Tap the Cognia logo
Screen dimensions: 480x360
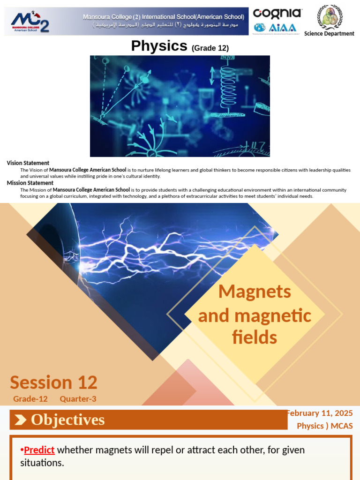click(x=277, y=13)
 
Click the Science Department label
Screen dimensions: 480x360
click(x=329, y=34)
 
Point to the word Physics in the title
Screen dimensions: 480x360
click(x=159, y=46)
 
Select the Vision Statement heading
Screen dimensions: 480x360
click(x=28, y=163)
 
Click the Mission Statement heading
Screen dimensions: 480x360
click(x=30, y=183)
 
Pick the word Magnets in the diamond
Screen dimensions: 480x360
click(x=255, y=292)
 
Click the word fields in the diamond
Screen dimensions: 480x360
click(x=255, y=337)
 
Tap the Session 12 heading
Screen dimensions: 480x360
click(x=53, y=382)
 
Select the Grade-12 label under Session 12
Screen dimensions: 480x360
click(x=30, y=399)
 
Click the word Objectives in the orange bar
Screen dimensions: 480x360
click(x=67, y=420)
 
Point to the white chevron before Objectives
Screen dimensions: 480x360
click(x=20, y=420)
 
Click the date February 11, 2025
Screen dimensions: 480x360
click(x=320, y=413)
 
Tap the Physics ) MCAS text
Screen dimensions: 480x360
click(x=324, y=426)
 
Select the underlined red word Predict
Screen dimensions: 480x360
click(x=39, y=450)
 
